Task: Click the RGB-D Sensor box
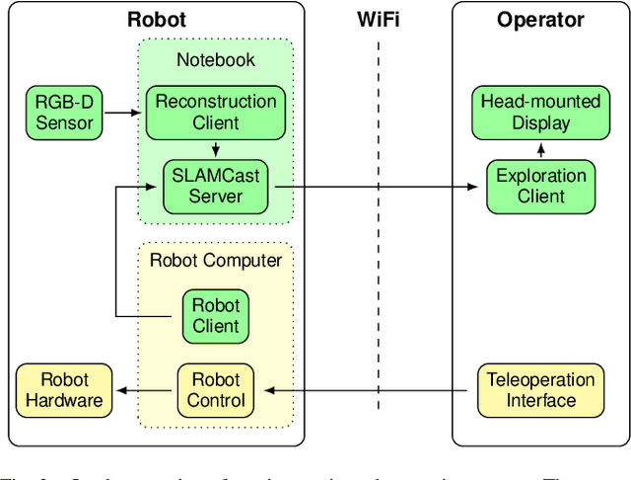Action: [64, 112]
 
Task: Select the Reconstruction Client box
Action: [216, 112]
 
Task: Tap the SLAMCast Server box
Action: [216, 186]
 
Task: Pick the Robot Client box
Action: [216, 315]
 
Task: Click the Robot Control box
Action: [216, 389]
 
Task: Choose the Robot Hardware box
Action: [64, 389]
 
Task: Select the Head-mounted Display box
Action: [540, 112]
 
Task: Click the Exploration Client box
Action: [540, 186]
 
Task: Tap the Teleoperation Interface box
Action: [540, 389]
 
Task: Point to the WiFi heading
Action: [379, 20]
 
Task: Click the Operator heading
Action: [540, 20]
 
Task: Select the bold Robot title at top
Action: [156, 20]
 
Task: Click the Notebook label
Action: [216, 60]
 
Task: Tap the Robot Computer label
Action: [216, 261]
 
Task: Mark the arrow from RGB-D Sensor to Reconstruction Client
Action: [123, 112]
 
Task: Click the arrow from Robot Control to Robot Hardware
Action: [145, 389]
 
